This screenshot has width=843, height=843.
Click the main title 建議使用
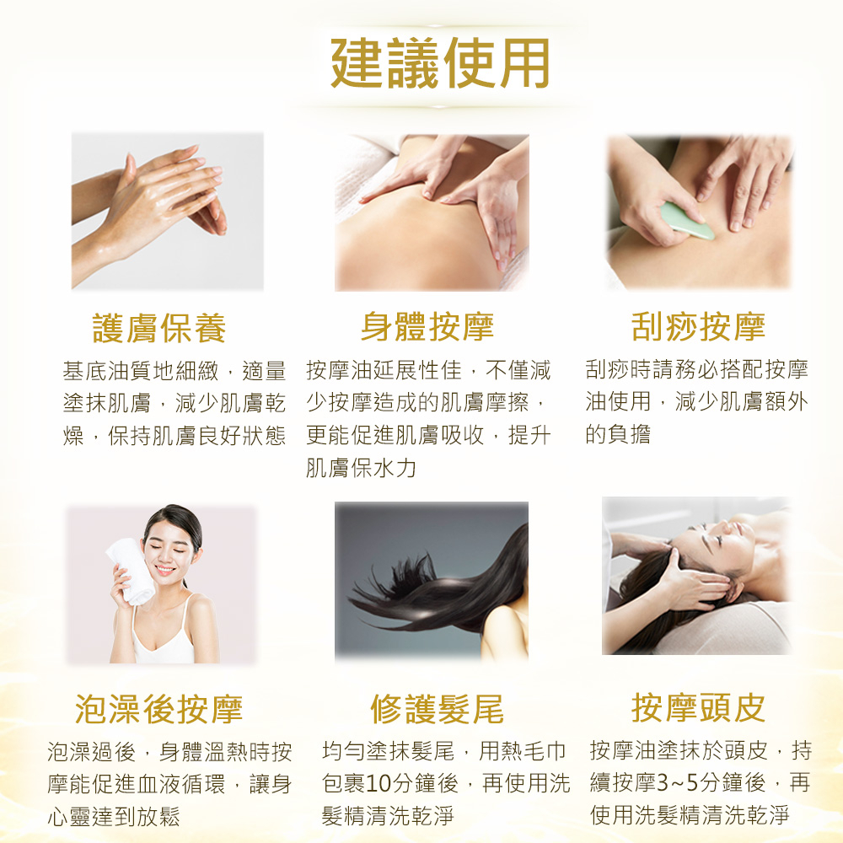click(x=440, y=63)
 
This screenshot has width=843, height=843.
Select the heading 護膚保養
click(x=159, y=328)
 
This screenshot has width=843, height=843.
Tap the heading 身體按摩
click(x=427, y=326)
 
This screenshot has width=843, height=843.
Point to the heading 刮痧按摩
click(x=698, y=326)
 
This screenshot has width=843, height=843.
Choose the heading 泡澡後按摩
click(x=159, y=708)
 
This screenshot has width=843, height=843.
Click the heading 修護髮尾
click(x=437, y=708)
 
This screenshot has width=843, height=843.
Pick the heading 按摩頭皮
click(x=698, y=707)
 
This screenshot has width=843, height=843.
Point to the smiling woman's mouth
click(x=164, y=570)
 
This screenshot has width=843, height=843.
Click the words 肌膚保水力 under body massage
click(x=362, y=468)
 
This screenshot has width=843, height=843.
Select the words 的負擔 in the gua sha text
click(x=618, y=434)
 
